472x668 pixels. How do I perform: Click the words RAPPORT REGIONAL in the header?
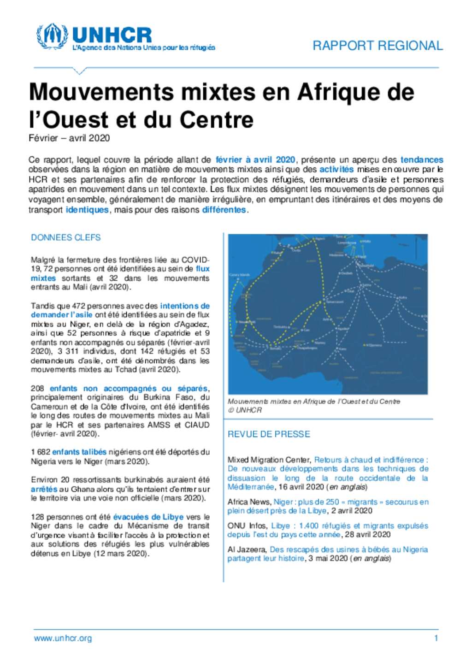(x=378, y=46)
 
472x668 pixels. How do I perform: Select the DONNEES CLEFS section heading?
(x=65, y=237)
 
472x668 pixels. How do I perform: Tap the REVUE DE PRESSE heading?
(x=269, y=434)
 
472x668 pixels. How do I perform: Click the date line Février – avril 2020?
(x=69, y=138)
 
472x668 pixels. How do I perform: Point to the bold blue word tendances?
(x=422, y=160)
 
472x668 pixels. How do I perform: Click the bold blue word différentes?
(x=224, y=210)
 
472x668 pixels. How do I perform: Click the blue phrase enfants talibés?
(x=79, y=452)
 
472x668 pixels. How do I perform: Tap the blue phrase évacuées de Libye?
(x=148, y=517)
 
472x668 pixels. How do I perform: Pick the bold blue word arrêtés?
(x=44, y=489)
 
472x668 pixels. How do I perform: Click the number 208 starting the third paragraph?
(x=38, y=388)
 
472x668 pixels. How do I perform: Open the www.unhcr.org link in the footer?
(x=63, y=638)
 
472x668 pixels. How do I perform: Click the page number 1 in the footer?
(x=436, y=638)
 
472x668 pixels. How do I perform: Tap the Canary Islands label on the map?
(x=239, y=275)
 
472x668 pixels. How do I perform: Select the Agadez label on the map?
(x=343, y=328)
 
